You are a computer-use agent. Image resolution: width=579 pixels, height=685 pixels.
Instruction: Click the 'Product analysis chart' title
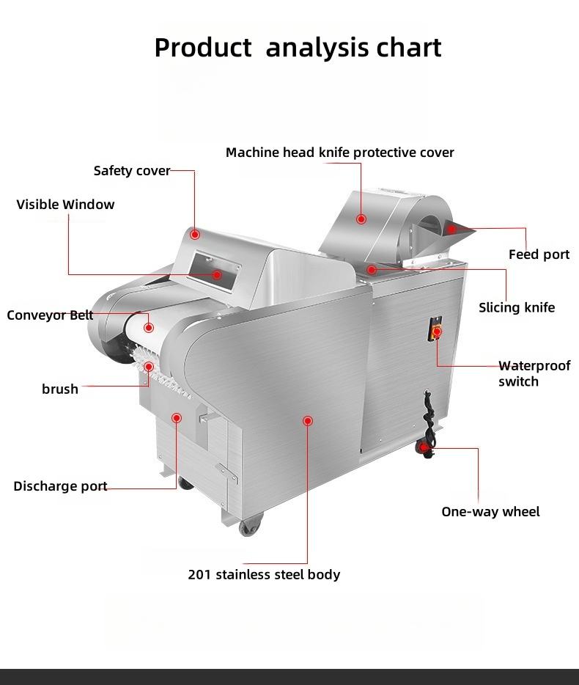pyautogui.click(x=298, y=48)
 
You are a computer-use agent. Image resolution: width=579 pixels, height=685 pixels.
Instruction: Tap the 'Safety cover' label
pyautogui.click(x=132, y=171)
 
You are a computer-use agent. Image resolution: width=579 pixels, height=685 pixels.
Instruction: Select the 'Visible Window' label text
pyautogui.click(x=66, y=205)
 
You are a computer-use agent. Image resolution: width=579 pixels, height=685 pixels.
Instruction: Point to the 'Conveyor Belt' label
pyautogui.click(x=50, y=315)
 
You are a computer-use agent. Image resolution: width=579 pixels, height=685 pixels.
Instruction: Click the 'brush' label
pyautogui.click(x=60, y=389)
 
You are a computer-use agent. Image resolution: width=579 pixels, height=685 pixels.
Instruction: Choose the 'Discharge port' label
pyautogui.click(x=60, y=486)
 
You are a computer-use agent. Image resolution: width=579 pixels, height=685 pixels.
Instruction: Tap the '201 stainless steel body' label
pyautogui.click(x=264, y=574)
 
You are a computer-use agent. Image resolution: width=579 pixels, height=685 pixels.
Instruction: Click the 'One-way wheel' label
pyautogui.click(x=490, y=512)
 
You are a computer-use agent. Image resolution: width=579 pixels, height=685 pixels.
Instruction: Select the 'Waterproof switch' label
pyautogui.click(x=534, y=373)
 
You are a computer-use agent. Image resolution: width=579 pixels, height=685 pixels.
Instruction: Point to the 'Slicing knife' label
pyautogui.click(x=517, y=307)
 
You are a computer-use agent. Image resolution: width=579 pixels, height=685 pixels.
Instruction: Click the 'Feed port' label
pyautogui.click(x=539, y=254)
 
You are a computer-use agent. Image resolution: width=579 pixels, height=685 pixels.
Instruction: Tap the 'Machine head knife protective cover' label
pyautogui.click(x=339, y=153)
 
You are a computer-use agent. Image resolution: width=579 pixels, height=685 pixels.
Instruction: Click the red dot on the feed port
pyautogui.click(x=452, y=230)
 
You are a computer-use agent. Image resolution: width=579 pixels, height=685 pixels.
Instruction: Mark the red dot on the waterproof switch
pyautogui.click(x=437, y=332)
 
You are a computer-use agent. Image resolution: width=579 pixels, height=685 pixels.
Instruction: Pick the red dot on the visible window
pyautogui.click(x=217, y=274)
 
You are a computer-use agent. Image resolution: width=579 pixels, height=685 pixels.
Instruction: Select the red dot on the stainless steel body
pyautogui.click(x=308, y=421)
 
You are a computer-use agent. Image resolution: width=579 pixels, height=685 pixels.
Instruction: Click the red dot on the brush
pyautogui.click(x=149, y=367)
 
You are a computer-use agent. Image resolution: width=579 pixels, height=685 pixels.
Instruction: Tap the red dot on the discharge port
pyautogui.click(x=177, y=418)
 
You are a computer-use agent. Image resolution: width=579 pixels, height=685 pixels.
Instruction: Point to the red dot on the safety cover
pyautogui.click(x=195, y=235)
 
